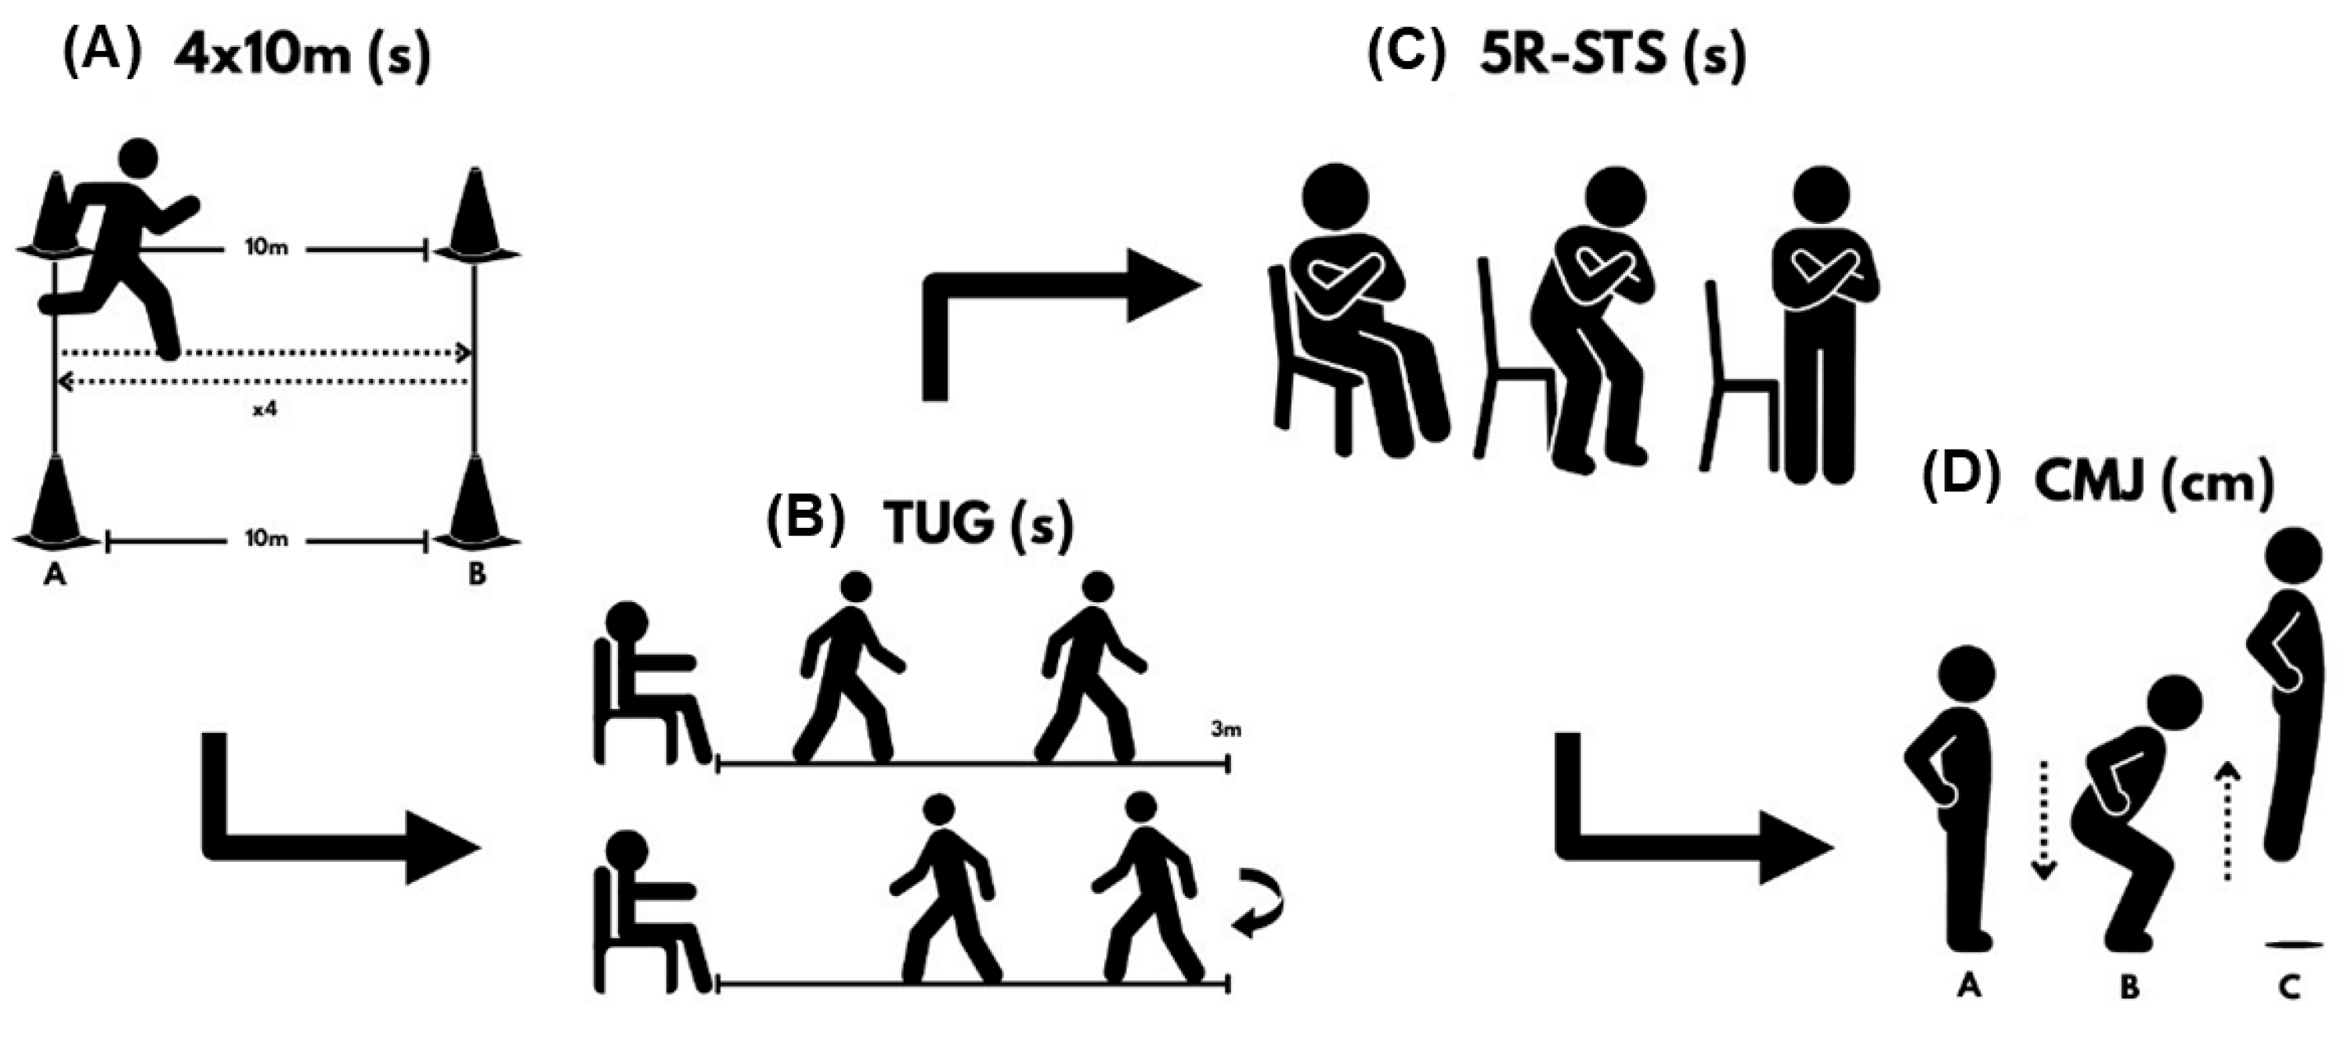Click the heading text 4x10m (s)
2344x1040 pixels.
[300, 56]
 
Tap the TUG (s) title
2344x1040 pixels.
[977, 525]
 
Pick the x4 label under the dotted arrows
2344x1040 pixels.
[264, 410]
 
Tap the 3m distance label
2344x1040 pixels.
[1226, 729]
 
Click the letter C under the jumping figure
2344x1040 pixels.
[2288, 986]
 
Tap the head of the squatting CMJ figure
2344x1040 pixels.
[2174, 704]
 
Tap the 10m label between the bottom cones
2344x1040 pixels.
[265, 539]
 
